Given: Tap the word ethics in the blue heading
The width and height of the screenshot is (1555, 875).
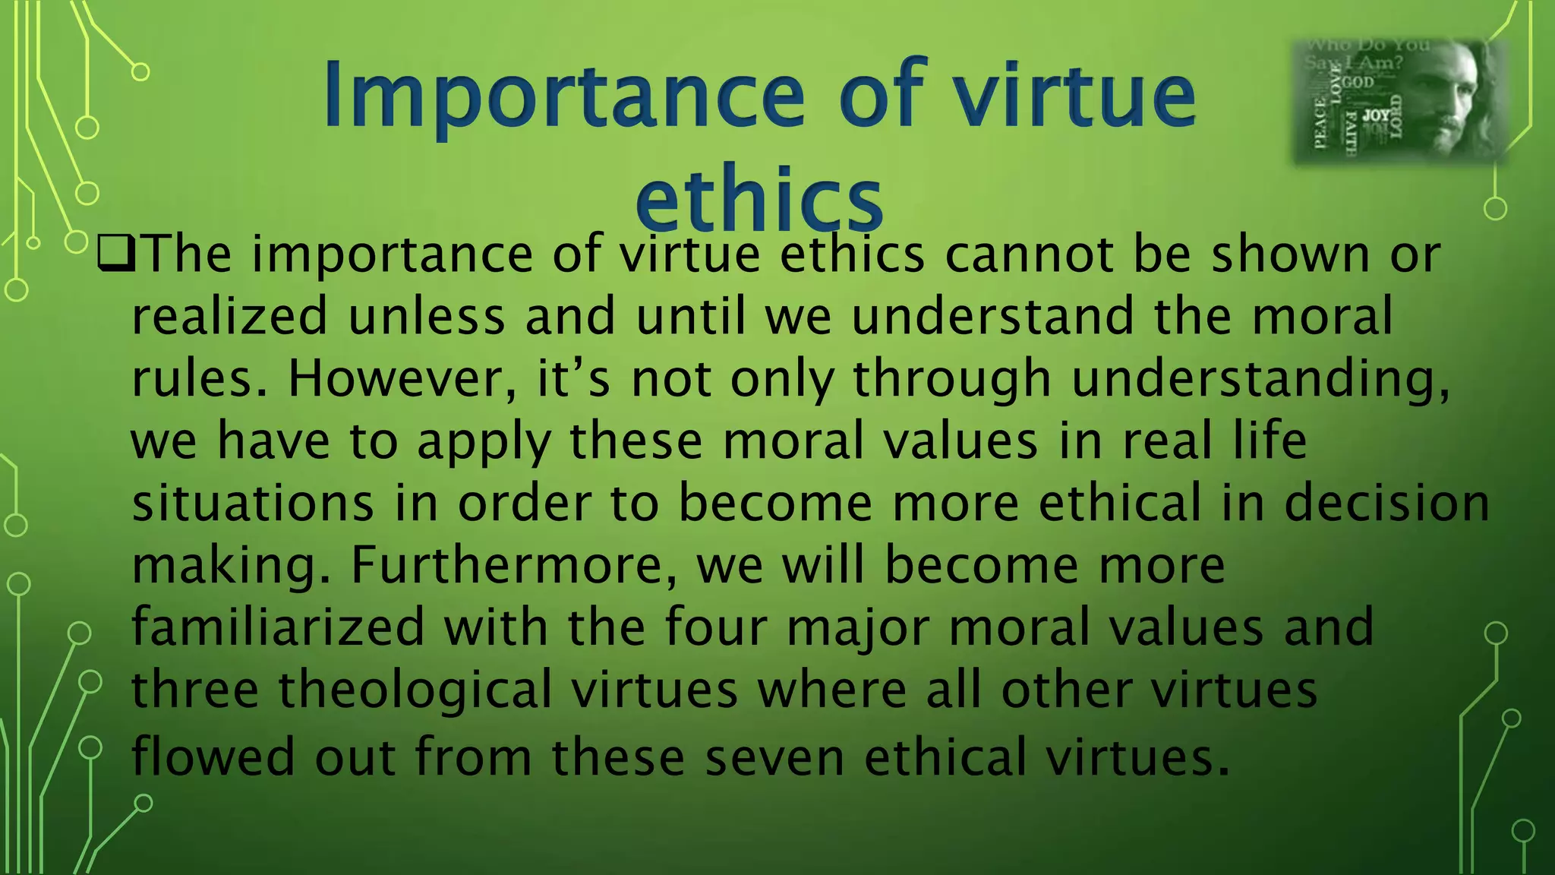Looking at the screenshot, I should pos(759,199).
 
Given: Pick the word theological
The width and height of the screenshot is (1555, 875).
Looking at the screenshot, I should pos(415,690).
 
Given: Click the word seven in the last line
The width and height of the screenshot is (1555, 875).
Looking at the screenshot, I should pos(774,757).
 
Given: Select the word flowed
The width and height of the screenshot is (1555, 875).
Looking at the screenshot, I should pos(213,757).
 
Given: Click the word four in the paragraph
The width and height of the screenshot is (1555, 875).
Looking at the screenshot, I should pos(716,627).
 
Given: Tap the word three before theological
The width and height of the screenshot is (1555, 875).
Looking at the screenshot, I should pos(195,690).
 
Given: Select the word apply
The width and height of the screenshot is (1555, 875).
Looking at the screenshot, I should pos(484,442).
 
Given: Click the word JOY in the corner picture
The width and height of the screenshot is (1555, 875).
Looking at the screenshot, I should pos(1376,115).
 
